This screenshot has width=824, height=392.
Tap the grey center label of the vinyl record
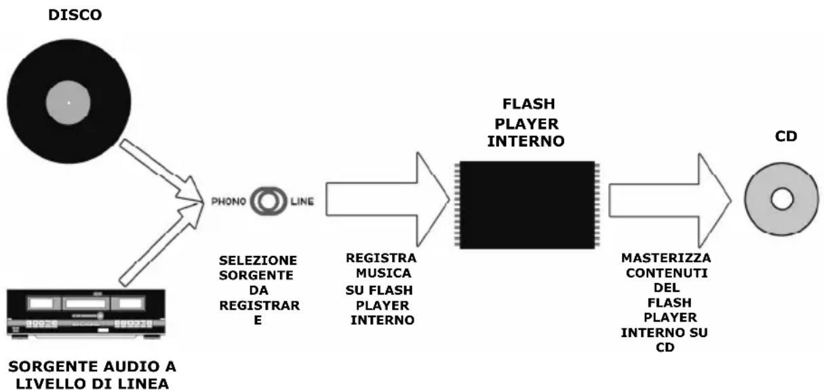(x=68, y=103)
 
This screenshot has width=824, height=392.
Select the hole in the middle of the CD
(x=781, y=199)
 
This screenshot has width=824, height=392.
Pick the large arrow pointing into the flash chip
(x=387, y=200)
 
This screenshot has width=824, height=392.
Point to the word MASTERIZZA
(x=665, y=259)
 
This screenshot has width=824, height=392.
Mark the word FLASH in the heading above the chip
(x=528, y=104)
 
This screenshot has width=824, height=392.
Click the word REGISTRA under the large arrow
(x=380, y=258)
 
